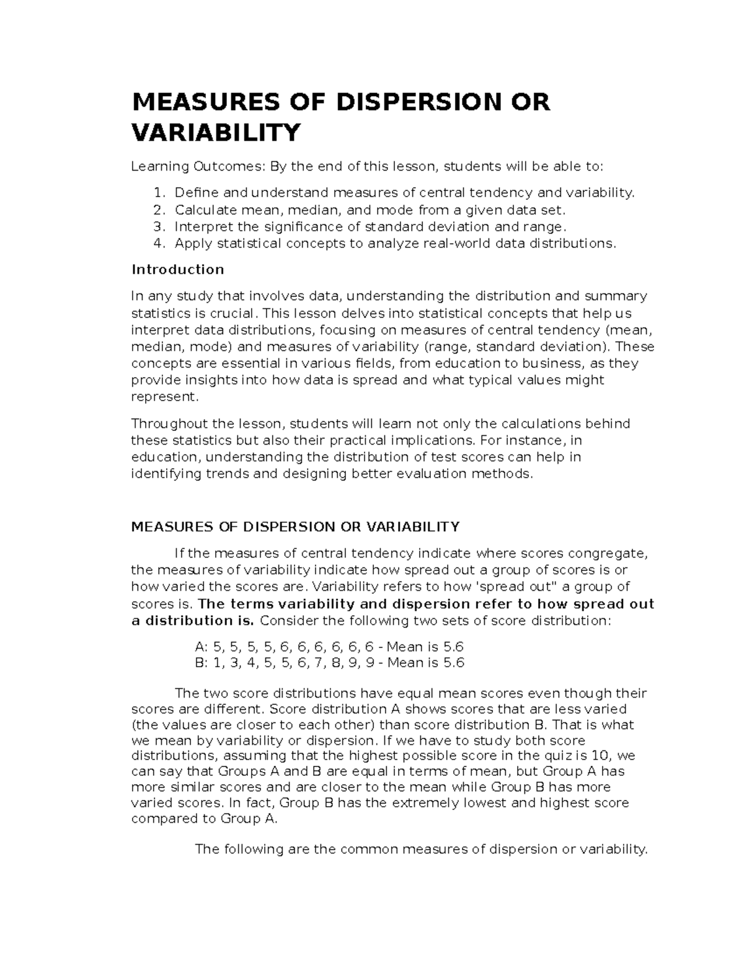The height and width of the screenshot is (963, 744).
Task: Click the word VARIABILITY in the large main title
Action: tap(216, 132)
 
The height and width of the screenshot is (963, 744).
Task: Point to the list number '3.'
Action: tap(159, 226)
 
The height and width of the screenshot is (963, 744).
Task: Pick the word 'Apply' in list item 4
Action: tap(193, 243)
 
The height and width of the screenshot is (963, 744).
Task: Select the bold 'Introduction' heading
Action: tap(178, 270)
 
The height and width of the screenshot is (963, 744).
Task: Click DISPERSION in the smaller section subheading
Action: tap(287, 527)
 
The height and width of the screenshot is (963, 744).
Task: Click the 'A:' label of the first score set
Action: tap(201, 647)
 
